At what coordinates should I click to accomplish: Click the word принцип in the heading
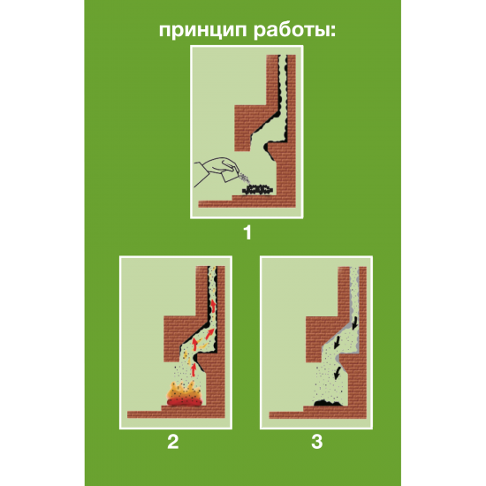pyautogui.click(x=203, y=31)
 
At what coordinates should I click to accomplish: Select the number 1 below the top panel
pyautogui.click(x=247, y=232)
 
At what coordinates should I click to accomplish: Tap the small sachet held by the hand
pyautogui.click(x=230, y=176)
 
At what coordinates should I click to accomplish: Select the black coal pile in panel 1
pyautogui.click(x=257, y=190)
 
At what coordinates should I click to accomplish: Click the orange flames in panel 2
pyautogui.click(x=185, y=393)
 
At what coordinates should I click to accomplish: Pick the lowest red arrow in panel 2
pyautogui.click(x=194, y=369)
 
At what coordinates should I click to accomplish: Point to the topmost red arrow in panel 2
pyautogui.click(x=214, y=307)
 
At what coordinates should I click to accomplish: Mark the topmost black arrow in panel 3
pyautogui.click(x=355, y=323)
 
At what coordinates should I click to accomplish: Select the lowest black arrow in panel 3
pyautogui.click(x=338, y=373)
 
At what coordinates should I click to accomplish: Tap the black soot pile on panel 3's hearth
pyautogui.click(x=328, y=403)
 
